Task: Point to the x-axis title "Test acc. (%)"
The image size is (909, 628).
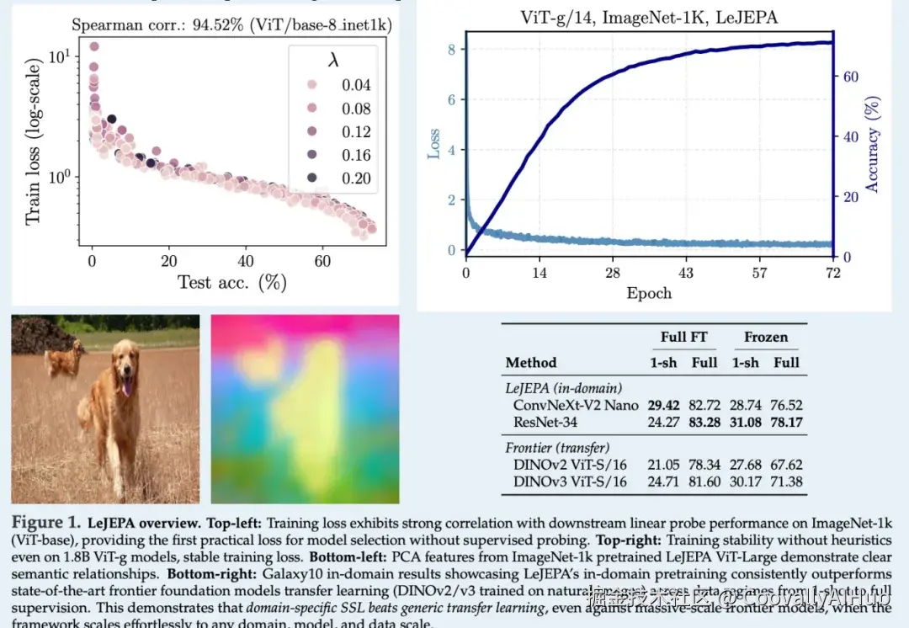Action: [x=232, y=282]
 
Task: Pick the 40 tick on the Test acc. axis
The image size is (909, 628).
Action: [x=246, y=261]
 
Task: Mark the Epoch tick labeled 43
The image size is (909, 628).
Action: [x=686, y=273]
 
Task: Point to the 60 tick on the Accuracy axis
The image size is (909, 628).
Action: [x=851, y=77]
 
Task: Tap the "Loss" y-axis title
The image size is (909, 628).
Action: [x=433, y=144]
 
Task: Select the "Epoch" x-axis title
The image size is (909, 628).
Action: [x=649, y=293]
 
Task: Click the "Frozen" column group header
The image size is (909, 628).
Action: [x=766, y=337]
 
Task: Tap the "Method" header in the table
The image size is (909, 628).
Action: [x=531, y=363]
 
